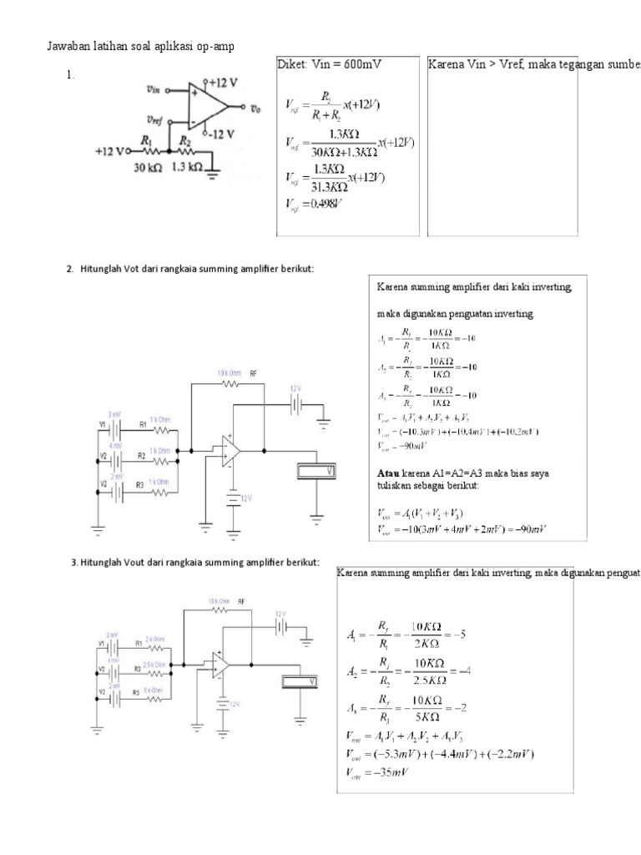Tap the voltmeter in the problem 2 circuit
tap(320, 472)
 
